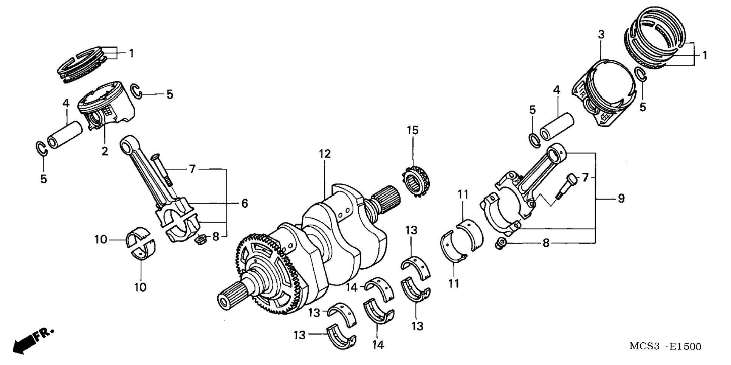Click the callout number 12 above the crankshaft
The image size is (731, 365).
325,154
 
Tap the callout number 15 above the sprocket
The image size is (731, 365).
413,130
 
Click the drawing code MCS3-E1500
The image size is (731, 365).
665,346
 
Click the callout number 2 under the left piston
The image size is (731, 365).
105,152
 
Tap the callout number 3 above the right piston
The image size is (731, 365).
601,35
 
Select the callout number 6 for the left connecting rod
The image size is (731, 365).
245,203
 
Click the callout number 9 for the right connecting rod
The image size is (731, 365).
621,198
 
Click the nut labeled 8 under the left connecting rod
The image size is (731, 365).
200,239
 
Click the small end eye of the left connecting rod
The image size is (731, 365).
127,143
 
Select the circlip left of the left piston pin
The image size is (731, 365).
41,148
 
